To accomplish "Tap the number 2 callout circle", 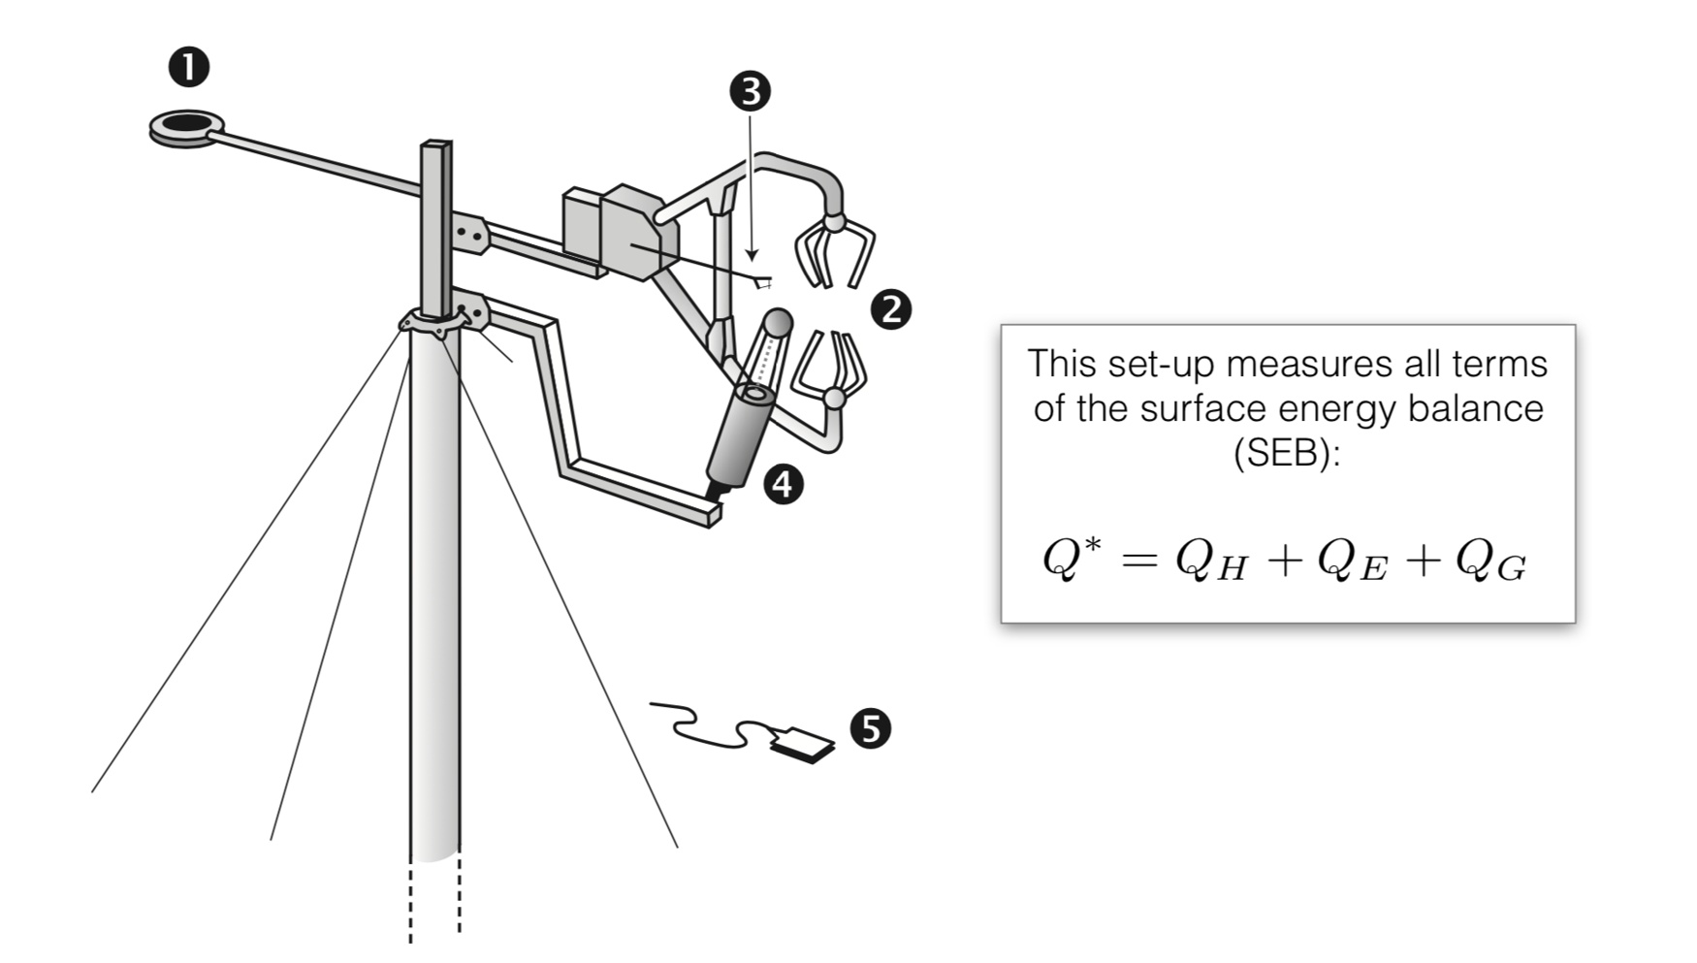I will [890, 309].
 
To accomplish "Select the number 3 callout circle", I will [750, 91].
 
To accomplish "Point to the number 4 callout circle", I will [783, 483].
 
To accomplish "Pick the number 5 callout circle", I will [870, 727].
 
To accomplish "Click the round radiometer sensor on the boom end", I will [187, 126].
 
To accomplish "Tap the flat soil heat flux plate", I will [802, 744].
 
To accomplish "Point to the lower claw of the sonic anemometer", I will [830, 369].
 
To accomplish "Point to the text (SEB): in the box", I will [1287, 452].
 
